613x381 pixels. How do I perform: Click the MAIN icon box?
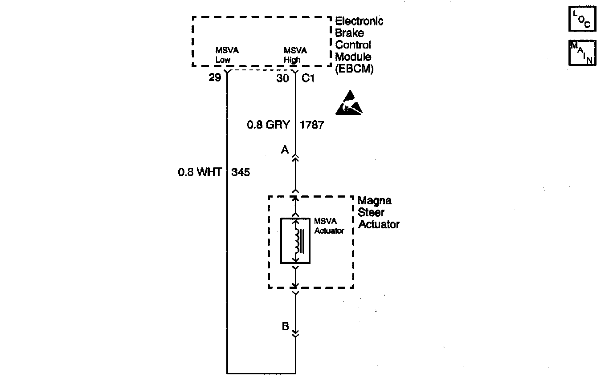click(x=582, y=53)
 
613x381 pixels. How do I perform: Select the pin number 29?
click(x=215, y=78)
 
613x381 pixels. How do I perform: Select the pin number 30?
click(x=282, y=78)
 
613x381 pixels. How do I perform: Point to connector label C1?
click(x=308, y=78)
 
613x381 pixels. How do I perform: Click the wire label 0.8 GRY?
click(x=268, y=125)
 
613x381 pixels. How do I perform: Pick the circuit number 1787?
click(x=312, y=125)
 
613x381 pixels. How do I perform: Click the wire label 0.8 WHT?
click(x=200, y=172)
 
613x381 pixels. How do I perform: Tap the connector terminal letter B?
click(x=285, y=326)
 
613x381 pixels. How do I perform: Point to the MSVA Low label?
click(x=226, y=55)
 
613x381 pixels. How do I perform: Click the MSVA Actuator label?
click(x=329, y=226)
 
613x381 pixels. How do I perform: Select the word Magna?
click(x=374, y=201)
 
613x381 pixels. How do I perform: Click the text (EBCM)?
click(x=354, y=69)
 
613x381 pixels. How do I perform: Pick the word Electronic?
click(x=359, y=21)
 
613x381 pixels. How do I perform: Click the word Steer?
click(x=371, y=213)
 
